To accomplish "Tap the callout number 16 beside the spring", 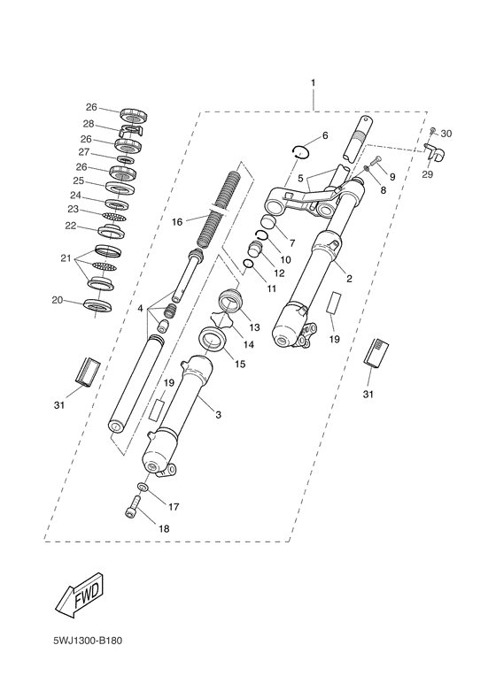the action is click(x=178, y=221).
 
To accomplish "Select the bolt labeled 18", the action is click(x=131, y=507).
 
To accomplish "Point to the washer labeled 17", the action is click(x=142, y=486).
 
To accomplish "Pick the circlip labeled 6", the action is click(x=301, y=152).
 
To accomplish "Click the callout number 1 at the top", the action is click(x=313, y=83).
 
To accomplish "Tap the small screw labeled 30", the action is click(x=432, y=131).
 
